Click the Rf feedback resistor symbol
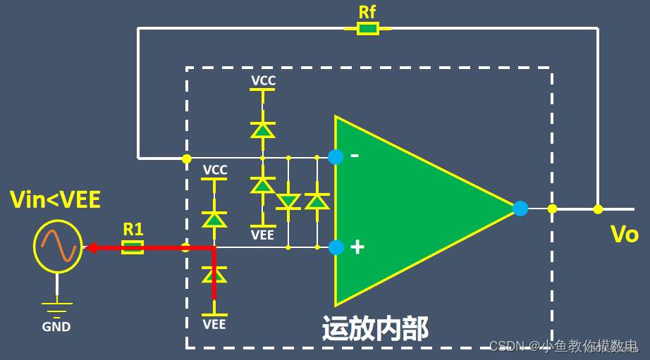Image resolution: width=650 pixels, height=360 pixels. point(367,28)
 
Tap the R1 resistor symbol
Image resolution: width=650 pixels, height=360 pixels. point(133,247)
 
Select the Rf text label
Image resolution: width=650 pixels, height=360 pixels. point(367,11)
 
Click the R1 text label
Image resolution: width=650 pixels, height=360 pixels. point(133,229)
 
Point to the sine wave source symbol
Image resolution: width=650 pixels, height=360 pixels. point(58,247)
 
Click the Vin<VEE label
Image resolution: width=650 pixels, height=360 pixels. point(55,200)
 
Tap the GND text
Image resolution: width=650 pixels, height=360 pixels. point(56,327)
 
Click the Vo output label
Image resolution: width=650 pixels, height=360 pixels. point(624,234)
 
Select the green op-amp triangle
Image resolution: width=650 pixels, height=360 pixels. point(409,208)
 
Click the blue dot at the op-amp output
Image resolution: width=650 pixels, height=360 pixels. point(520,209)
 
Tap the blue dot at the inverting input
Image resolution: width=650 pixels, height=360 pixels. point(336,157)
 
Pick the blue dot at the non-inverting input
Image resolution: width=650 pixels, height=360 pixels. point(336,247)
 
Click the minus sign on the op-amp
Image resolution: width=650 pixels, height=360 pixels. point(355,154)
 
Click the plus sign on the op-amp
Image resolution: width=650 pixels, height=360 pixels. point(357,247)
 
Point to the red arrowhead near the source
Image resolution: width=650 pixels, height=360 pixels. point(90,247)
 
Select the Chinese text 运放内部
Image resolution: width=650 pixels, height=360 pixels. point(375,328)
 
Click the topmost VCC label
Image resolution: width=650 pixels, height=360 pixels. point(263,81)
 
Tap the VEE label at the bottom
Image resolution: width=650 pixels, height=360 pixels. point(214,324)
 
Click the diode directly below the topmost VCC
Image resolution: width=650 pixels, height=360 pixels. point(263,130)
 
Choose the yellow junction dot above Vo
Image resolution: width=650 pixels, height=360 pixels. point(598,209)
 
